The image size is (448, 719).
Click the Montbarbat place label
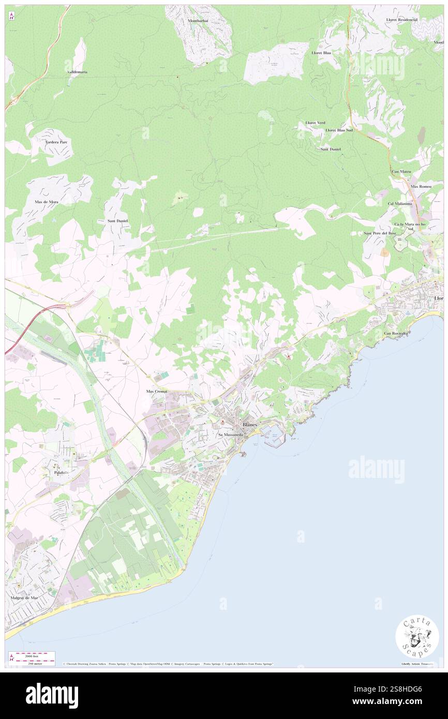point(198,21)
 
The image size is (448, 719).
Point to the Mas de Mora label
point(47,202)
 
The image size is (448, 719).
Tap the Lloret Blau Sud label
point(339,130)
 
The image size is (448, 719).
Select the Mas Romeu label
point(421,186)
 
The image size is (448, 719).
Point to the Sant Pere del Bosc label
point(380,233)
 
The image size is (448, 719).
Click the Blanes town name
point(250,424)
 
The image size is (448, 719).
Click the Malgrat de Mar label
point(24,597)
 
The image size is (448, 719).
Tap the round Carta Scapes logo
point(417,637)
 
